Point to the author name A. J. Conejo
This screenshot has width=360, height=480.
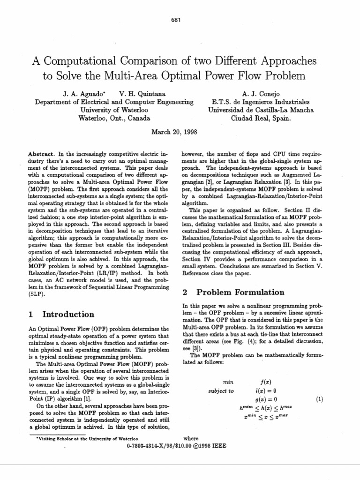point(261,94)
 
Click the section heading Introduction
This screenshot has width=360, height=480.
point(68,315)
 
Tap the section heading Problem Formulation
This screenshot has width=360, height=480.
point(240,292)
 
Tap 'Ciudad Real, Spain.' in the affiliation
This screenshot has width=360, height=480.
point(261,118)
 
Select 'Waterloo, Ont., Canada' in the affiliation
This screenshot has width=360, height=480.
point(114,118)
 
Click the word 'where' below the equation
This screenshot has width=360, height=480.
point(191,438)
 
